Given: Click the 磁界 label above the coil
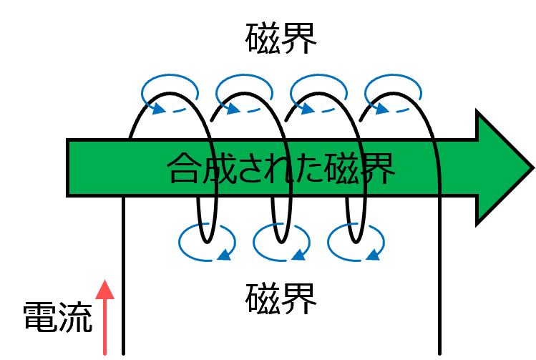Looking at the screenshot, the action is [x=281, y=38].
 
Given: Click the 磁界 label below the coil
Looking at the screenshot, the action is [x=281, y=298].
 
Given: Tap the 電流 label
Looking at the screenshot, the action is [x=58, y=317].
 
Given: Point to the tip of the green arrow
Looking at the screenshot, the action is [x=534, y=167].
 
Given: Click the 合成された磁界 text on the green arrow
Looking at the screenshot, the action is [x=281, y=168].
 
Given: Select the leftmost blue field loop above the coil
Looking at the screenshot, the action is [x=170, y=93].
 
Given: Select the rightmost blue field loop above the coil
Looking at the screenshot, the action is [x=393, y=93].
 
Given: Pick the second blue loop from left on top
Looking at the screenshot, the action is [x=244, y=93].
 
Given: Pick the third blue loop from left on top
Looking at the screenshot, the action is [x=318, y=93].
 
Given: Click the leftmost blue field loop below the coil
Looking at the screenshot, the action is [x=207, y=242].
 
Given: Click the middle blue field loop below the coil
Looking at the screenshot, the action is [x=281, y=242].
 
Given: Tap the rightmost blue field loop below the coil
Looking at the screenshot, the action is [x=356, y=242].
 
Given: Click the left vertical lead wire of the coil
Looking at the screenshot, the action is [x=123, y=276].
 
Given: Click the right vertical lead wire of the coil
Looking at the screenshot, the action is [x=439, y=276].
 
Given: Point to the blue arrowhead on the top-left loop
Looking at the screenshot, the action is [x=158, y=108].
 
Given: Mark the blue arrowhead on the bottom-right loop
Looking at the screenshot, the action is [x=374, y=255].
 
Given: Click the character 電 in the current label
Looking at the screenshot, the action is [x=39, y=317].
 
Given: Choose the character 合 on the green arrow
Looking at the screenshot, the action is [x=183, y=168].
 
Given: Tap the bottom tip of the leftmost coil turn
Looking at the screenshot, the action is [x=207, y=243].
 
